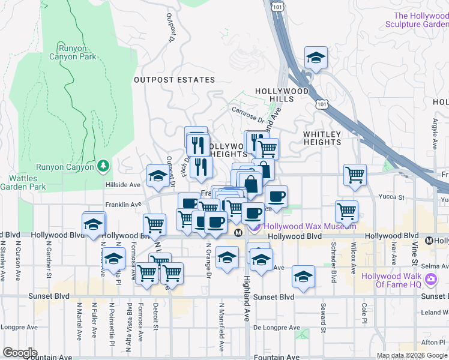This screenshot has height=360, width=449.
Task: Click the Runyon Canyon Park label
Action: point(77,52)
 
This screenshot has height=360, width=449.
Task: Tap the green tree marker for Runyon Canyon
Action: point(103,164)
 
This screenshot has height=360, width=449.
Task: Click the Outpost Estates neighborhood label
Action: point(174,80)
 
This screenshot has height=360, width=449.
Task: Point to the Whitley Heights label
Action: point(322,138)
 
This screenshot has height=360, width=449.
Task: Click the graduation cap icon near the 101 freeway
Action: point(316,58)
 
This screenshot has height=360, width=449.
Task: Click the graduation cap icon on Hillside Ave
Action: point(158,176)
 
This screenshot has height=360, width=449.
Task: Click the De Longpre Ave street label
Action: point(276,328)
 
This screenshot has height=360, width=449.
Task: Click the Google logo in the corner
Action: point(20,352)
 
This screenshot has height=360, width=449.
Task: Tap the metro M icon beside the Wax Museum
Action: point(238,232)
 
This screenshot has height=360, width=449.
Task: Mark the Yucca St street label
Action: point(391,197)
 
